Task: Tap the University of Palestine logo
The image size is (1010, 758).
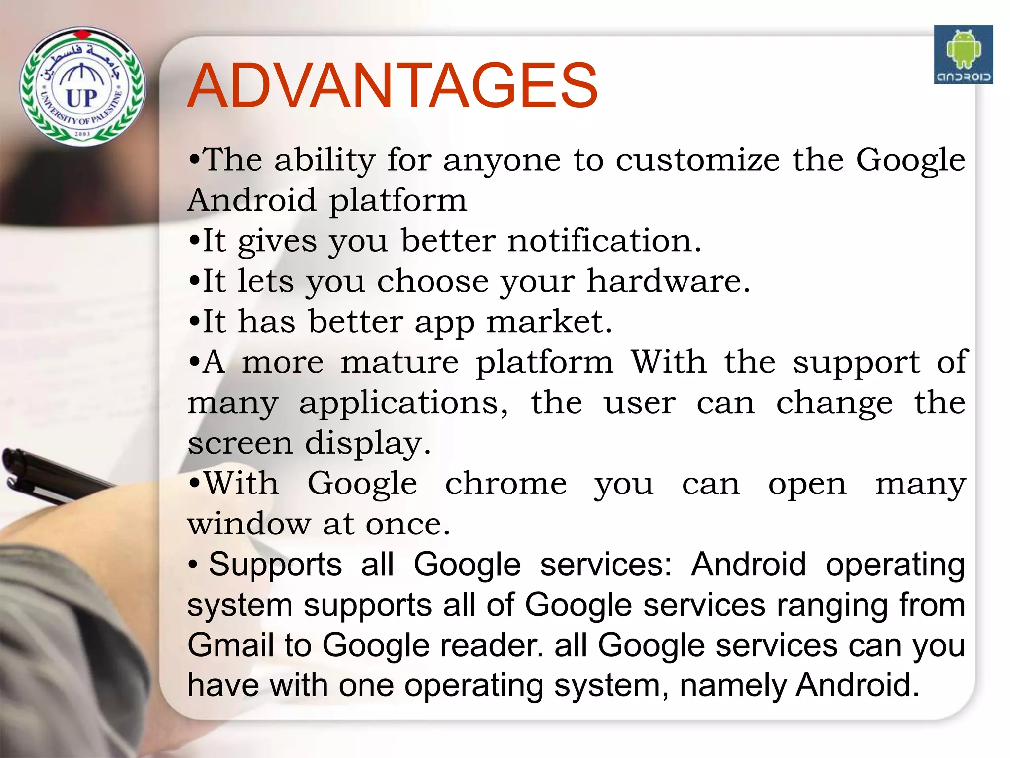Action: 82,87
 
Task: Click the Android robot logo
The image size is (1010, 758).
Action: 963,55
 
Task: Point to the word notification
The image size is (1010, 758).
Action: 604,241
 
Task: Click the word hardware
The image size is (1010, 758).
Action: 668,282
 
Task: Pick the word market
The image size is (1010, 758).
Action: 549,322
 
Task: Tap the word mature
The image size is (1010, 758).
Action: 399,363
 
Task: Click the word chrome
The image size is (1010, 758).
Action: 506,484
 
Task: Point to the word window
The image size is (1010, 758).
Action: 249,524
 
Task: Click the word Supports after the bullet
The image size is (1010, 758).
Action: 275,565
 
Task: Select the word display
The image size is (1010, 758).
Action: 367,444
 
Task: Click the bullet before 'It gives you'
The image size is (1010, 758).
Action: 194,242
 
